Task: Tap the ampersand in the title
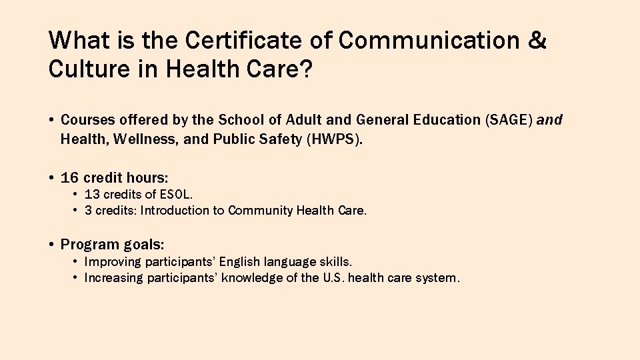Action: [x=537, y=41]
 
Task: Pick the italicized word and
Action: [x=549, y=120]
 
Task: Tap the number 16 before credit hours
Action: [x=69, y=178]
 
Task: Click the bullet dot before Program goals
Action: [x=51, y=244]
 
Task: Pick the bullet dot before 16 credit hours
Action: [x=51, y=178]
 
